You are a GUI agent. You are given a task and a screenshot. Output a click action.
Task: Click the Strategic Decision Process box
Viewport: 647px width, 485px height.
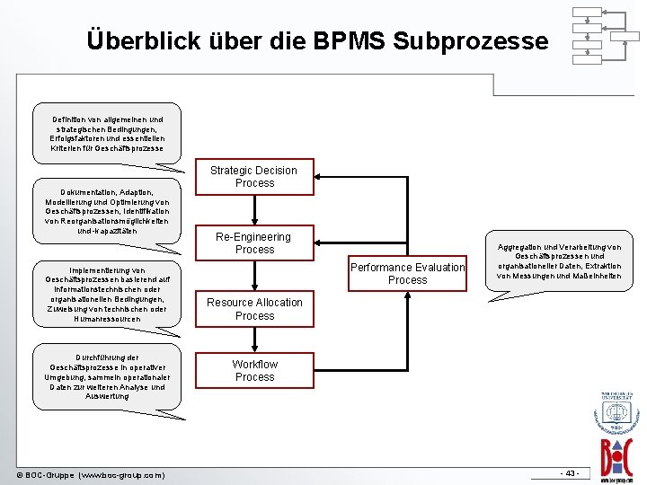pyautogui.click(x=254, y=177)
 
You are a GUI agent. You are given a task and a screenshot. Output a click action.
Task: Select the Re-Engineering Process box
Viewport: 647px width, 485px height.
pyautogui.click(x=254, y=243)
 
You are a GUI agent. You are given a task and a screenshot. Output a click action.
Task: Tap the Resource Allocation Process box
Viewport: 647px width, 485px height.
pyautogui.click(x=254, y=309)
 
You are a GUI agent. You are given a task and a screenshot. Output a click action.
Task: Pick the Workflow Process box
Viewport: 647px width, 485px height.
pyautogui.click(x=254, y=370)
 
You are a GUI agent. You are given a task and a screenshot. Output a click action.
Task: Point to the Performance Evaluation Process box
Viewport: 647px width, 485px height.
pyautogui.click(x=407, y=273)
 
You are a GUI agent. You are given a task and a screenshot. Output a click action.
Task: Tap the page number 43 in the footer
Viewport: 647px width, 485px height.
pyautogui.click(x=570, y=473)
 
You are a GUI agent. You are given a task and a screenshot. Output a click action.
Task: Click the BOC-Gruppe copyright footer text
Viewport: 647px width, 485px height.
pyautogui.click(x=90, y=474)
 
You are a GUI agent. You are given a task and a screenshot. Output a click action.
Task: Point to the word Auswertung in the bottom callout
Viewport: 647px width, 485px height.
pyautogui.click(x=107, y=396)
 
